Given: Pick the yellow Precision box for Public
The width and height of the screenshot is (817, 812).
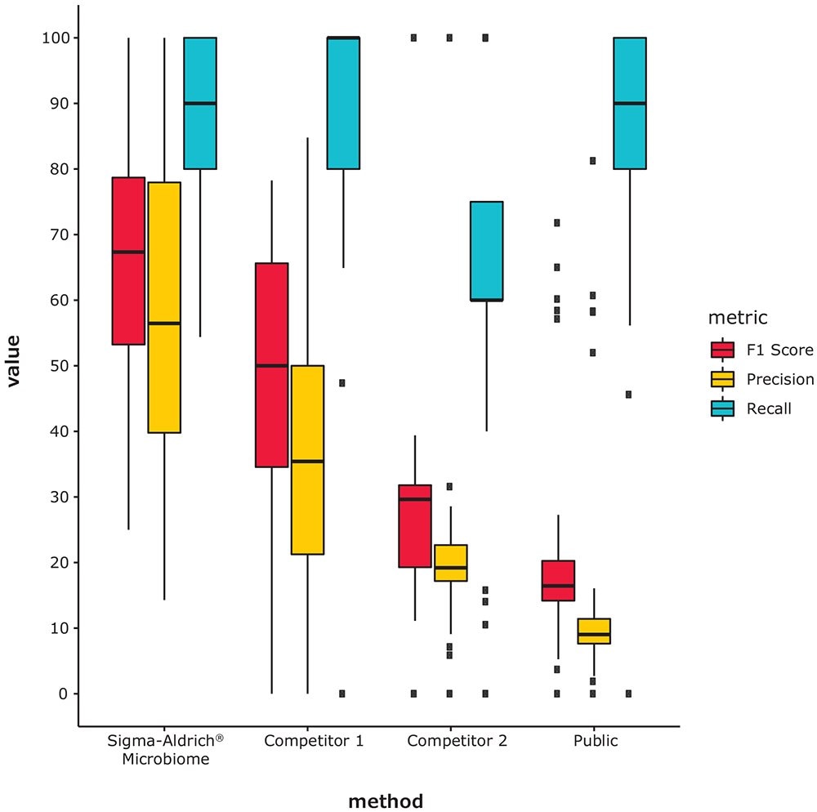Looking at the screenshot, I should (x=594, y=631).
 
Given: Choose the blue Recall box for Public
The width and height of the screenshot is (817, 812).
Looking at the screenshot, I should (x=629, y=103).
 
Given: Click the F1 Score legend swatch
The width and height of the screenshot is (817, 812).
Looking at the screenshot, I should (x=722, y=350).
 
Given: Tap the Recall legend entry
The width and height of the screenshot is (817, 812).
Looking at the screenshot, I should (x=768, y=408).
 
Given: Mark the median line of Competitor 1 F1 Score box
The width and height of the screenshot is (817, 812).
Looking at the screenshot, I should (x=271, y=366).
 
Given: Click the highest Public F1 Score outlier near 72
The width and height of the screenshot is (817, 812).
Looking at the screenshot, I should (x=557, y=222).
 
